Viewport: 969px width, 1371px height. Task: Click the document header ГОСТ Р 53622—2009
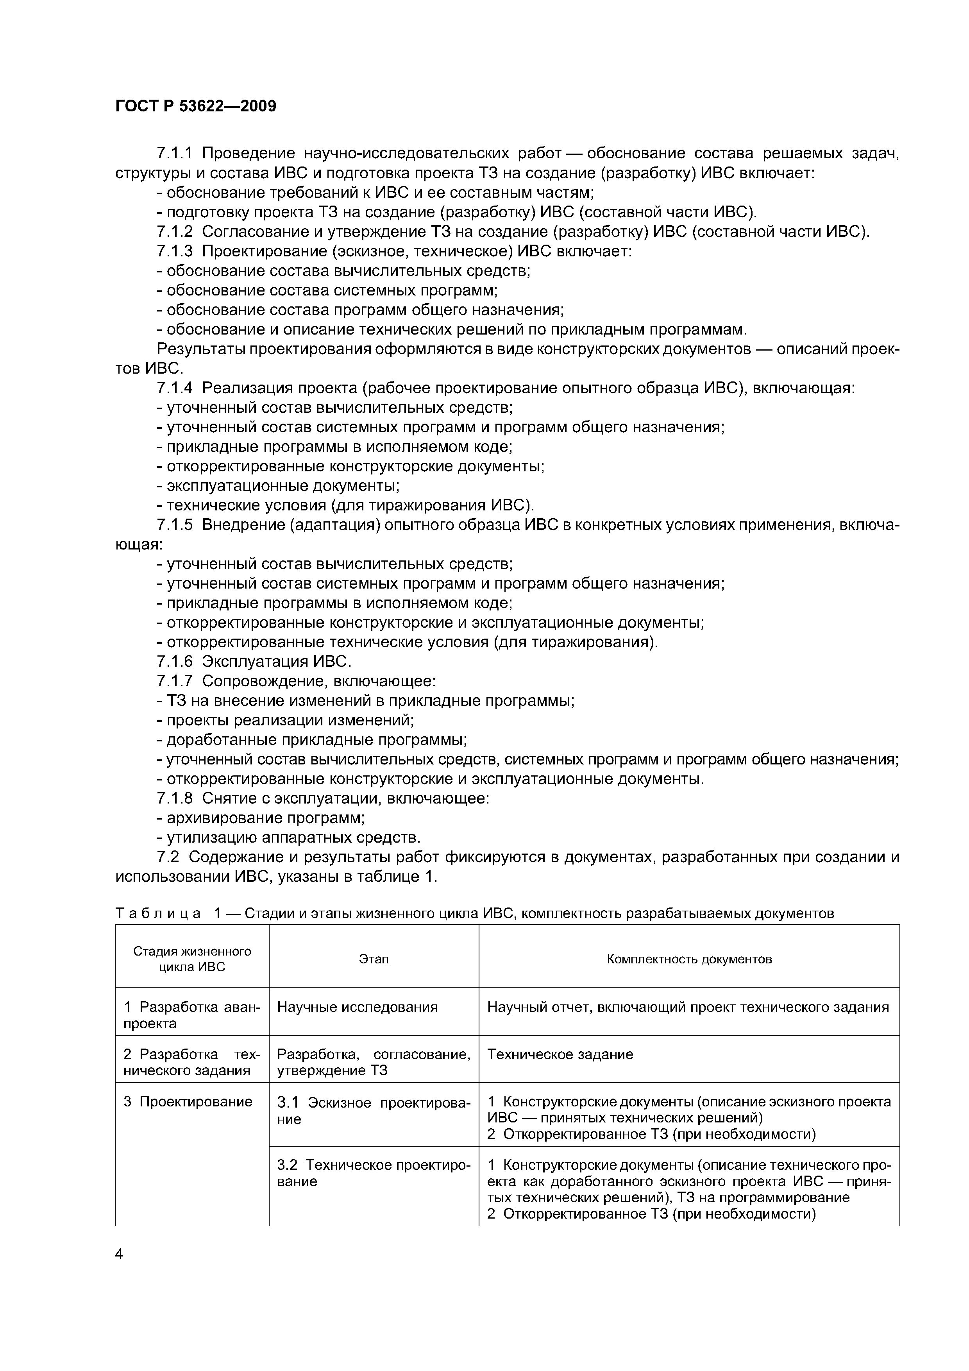pos(196,106)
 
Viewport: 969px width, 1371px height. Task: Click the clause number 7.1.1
pos(174,154)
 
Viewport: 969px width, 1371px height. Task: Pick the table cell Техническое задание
pos(560,1054)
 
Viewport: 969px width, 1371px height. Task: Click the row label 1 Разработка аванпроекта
pos(191,1015)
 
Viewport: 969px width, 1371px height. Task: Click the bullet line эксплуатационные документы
pos(282,485)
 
